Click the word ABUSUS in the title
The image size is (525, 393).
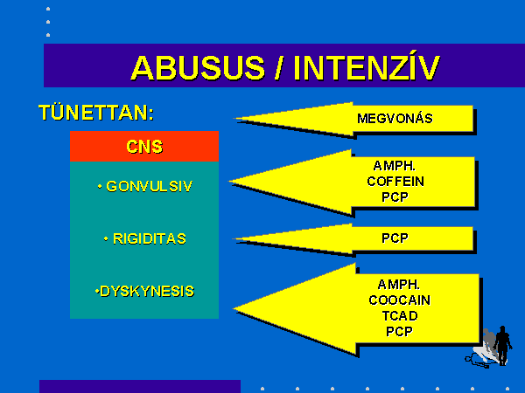pyautogui.click(x=198, y=68)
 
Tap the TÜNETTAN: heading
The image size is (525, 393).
pyautogui.click(x=96, y=113)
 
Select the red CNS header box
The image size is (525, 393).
pyautogui.click(x=144, y=147)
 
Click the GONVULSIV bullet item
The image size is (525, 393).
pyautogui.click(x=145, y=187)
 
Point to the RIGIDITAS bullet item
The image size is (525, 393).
pyautogui.click(x=145, y=238)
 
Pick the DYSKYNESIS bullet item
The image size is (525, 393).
pyautogui.click(x=144, y=292)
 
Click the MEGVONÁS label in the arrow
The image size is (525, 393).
pyautogui.click(x=395, y=119)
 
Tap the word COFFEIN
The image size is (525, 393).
pyautogui.click(x=395, y=182)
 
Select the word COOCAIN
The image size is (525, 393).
pyautogui.click(x=400, y=300)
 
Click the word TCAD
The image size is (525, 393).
pyautogui.click(x=400, y=316)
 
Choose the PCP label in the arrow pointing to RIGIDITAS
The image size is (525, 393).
pyautogui.click(x=395, y=238)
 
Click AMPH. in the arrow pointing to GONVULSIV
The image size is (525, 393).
pyautogui.click(x=395, y=166)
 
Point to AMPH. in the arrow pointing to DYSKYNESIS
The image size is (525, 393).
pyautogui.click(x=399, y=285)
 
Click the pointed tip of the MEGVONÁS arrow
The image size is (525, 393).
pyautogui.click(x=234, y=118)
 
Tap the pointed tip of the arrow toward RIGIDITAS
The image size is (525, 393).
pyautogui.click(x=234, y=238)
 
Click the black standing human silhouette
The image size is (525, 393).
pyautogui.click(x=502, y=346)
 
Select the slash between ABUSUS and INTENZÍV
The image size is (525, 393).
pyautogui.click(x=278, y=68)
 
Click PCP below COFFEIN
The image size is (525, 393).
pyautogui.click(x=395, y=197)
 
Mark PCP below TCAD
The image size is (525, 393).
pyautogui.click(x=400, y=332)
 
